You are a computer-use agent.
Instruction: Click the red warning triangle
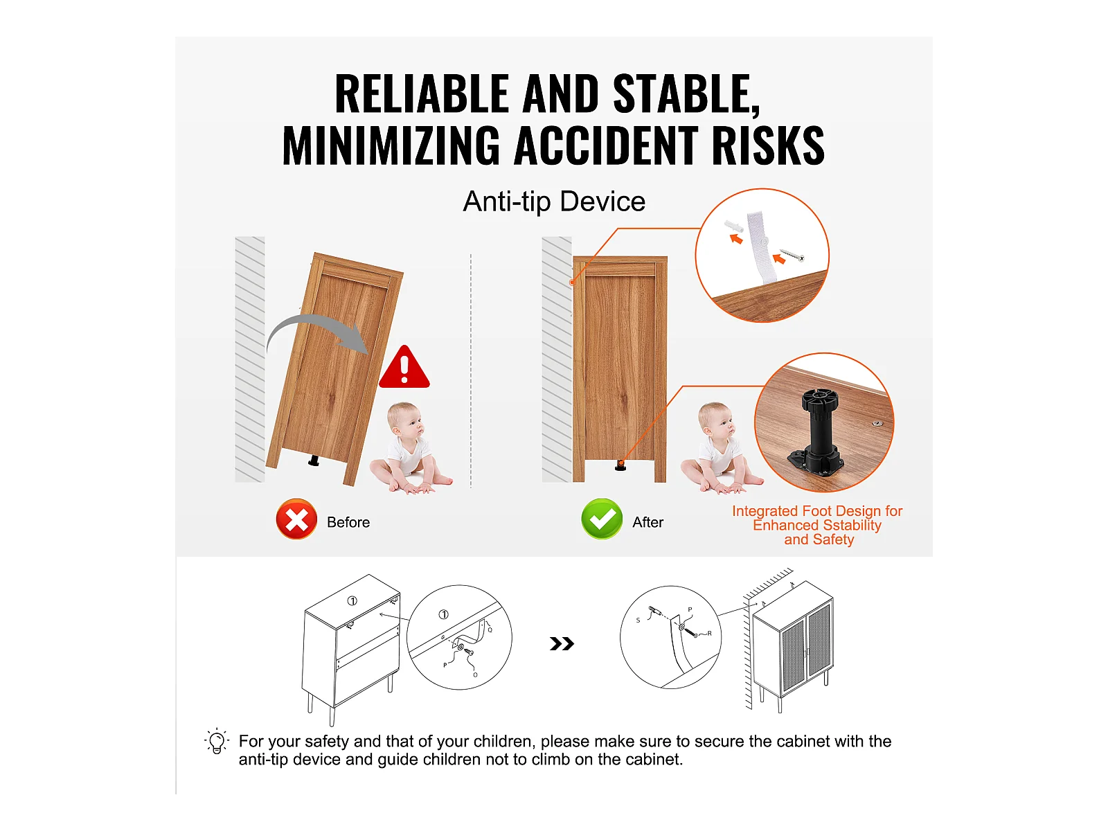404,368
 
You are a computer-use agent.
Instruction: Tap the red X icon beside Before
296,519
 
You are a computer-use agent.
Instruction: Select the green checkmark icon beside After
602,519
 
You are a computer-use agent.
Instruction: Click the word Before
348,522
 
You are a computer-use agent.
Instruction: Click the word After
648,522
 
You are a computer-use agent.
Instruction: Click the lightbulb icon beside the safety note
217,742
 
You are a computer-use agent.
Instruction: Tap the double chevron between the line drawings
562,644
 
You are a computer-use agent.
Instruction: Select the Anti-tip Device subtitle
554,202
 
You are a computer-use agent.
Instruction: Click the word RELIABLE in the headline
422,93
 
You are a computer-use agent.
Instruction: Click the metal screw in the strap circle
792,255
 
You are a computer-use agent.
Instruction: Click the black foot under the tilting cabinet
314,460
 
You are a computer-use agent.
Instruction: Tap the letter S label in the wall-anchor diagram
638,620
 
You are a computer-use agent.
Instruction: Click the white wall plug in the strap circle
733,225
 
